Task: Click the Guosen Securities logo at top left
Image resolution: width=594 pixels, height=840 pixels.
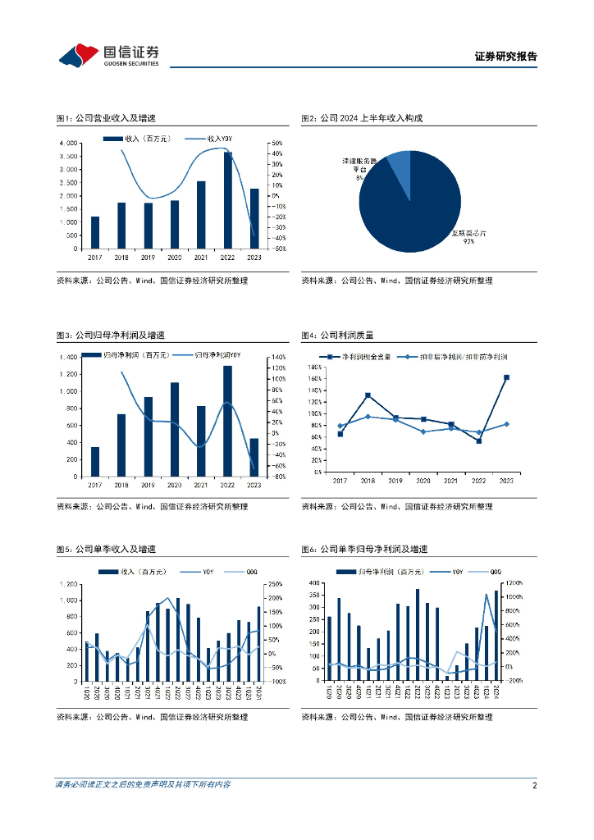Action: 108,55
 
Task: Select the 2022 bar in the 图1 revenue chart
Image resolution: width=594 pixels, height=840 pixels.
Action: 227,200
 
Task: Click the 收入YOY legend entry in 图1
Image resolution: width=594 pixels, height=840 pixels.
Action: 215,139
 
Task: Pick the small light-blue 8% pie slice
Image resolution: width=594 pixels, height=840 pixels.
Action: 399,167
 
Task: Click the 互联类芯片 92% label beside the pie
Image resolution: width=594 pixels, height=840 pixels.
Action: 468,237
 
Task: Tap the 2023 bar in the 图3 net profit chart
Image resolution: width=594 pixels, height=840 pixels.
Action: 254,457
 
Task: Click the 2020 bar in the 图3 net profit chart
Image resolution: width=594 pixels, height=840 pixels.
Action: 175,429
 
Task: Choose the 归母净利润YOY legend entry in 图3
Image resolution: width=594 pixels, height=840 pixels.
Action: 217,354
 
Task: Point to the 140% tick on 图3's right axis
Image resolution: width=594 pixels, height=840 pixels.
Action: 277,357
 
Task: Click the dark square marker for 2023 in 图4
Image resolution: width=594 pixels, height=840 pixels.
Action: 506,377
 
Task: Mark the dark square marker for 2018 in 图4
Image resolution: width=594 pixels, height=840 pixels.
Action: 368,395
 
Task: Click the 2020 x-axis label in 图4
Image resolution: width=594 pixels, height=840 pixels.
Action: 423,481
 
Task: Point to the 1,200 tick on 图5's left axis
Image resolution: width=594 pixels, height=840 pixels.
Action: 70,584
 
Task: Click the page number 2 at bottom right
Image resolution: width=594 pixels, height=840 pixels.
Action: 534,785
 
